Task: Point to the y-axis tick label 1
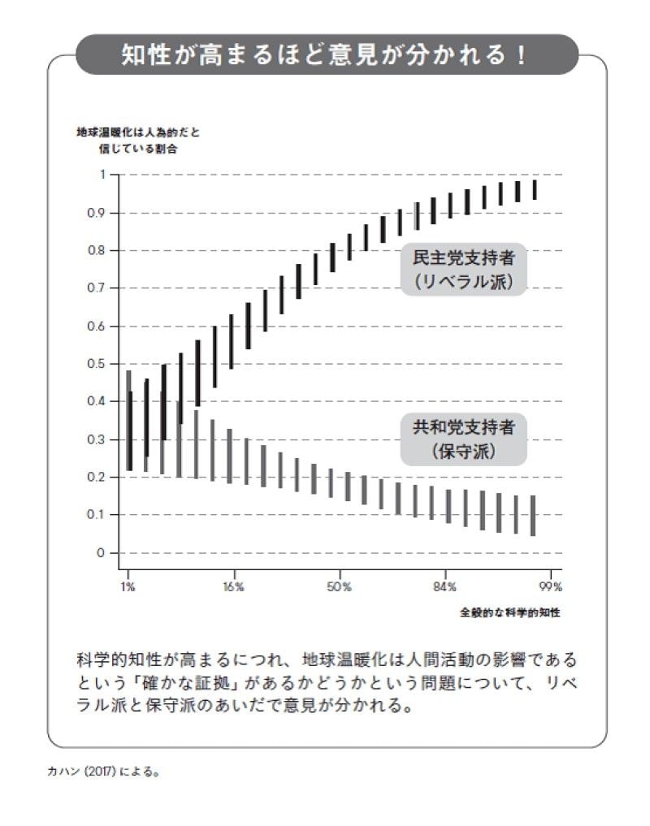[102, 175]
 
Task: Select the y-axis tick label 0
[102, 553]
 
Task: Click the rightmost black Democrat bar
[535, 189]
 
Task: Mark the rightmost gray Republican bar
[533, 516]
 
